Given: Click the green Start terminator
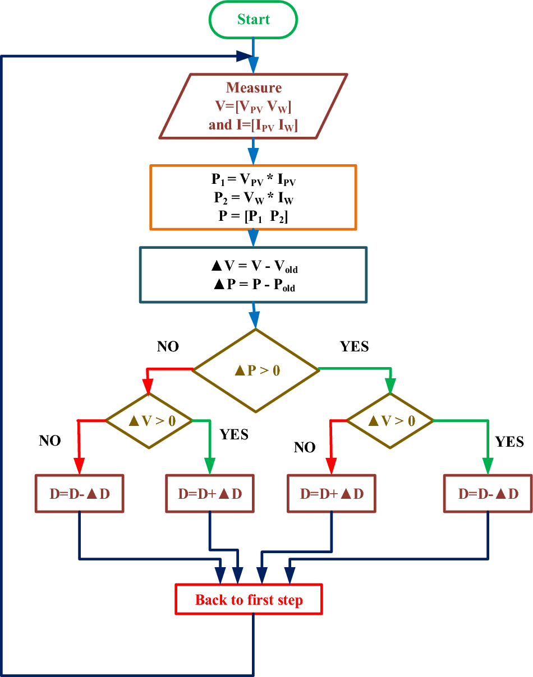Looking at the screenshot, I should pyautogui.click(x=253, y=20).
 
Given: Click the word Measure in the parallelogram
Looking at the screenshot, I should pyautogui.click(x=254, y=88).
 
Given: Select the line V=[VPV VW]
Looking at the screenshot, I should pyautogui.click(x=254, y=106).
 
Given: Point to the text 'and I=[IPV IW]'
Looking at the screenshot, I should pyautogui.click(x=254, y=125).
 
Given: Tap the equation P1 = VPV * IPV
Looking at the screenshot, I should pyautogui.click(x=253, y=179).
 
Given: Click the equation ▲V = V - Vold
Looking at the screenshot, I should pyautogui.click(x=254, y=267).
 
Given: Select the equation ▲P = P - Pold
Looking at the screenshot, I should pyautogui.click(x=254, y=285).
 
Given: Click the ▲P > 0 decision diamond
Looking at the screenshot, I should pyautogui.click(x=256, y=370).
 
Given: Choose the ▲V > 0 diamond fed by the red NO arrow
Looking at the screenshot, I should pyautogui.click(x=149, y=420).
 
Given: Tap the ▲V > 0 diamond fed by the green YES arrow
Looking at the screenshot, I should pyautogui.click(x=390, y=420).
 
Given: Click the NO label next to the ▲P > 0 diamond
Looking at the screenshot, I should pyautogui.click(x=168, y=347).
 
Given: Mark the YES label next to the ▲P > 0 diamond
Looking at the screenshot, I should pyautogui.click(x=355, y=347).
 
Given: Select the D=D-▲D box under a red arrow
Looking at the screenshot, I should pyautogui.click(x=79, y=494).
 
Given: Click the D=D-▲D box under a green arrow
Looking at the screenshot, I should pyautogui.click(x=488, y=494).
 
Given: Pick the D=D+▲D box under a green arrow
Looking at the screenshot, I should pyautogui.click(x=210, y=494).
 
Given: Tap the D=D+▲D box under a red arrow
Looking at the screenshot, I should pyautogui.click(x=332, y=494).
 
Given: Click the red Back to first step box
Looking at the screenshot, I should pyautogui.click(x=249, y=600).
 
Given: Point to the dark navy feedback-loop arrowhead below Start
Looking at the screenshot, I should pyautogui.click(x=243, y=56).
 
